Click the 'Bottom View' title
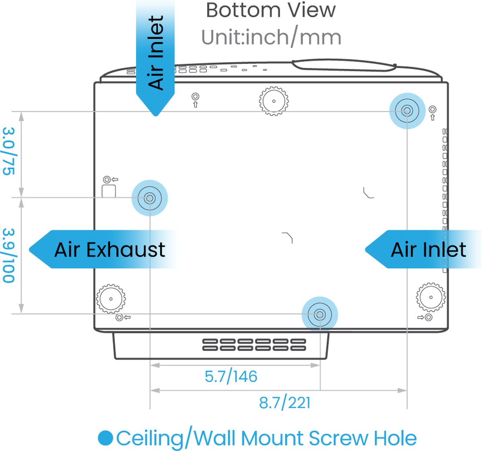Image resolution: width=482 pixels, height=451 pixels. coord(270,10)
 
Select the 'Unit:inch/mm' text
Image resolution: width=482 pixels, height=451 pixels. coord(271,37)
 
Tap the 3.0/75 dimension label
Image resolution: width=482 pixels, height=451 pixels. coord(9,151)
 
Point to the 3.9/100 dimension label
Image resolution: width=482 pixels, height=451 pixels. coord(9,255)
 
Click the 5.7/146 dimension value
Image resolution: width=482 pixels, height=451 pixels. coord(231,377)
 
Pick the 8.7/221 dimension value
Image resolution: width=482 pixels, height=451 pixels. coord(285,402)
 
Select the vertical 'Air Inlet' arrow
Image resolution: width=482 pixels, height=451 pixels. coord(155,56)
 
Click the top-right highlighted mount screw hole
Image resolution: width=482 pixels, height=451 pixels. coord(407,111)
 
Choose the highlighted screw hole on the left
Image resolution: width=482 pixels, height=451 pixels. coord(150,198)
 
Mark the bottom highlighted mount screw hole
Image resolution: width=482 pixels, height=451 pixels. coord(320,315)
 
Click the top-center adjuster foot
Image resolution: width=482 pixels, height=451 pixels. coord(274,101)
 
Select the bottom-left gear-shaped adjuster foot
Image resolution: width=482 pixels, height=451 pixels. coord(111,299)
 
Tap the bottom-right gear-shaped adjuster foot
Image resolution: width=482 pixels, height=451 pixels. coord(431,298)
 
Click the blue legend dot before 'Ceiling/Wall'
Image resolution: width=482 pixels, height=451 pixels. coord(106,438)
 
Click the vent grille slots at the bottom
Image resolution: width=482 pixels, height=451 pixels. coord(254,345)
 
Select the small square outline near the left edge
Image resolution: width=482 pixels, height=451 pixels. coord(109,191)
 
